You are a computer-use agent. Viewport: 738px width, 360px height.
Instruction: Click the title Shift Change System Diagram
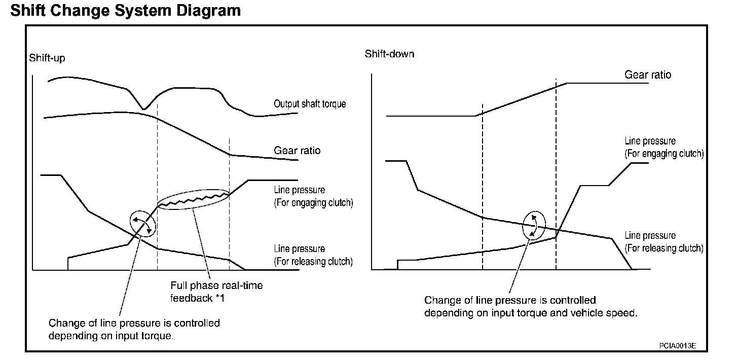[x=125, y=10]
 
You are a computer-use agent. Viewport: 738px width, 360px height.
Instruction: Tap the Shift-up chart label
[x=47, y=58]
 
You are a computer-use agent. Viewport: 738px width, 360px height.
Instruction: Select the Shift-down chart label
[x=389, y=54]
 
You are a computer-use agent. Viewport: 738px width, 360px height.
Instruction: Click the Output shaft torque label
[x=310, y=104]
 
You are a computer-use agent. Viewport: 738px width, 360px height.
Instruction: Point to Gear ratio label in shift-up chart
[x=297, y=151]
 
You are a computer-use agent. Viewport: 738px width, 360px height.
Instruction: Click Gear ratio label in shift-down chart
[x=647, y=75]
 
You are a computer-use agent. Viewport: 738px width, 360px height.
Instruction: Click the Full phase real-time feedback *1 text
[x=216, y=292]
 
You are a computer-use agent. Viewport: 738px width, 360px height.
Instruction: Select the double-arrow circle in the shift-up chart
[x=142, y=223]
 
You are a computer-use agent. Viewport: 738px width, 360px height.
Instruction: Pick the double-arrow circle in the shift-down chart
[x=534, y=225]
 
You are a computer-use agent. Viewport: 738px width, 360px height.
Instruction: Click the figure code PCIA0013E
[x=677, y=345]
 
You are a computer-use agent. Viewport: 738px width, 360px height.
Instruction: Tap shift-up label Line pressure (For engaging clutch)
[x=313, y=197]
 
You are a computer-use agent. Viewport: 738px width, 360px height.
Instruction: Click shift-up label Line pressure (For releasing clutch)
[x=313, y=255]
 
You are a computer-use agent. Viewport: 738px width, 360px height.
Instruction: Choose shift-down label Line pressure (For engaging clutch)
[x=663, y=148]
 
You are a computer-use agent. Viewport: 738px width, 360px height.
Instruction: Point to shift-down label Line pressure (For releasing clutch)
[x=663, y=242]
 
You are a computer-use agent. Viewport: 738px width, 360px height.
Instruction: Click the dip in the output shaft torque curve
[x=144, y=107]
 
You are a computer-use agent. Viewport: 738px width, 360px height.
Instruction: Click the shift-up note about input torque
[x=134, y=330]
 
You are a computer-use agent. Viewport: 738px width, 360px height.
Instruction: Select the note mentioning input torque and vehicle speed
[x=530, y=307]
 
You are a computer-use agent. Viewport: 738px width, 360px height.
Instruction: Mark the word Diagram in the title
[x=212, y=10]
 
